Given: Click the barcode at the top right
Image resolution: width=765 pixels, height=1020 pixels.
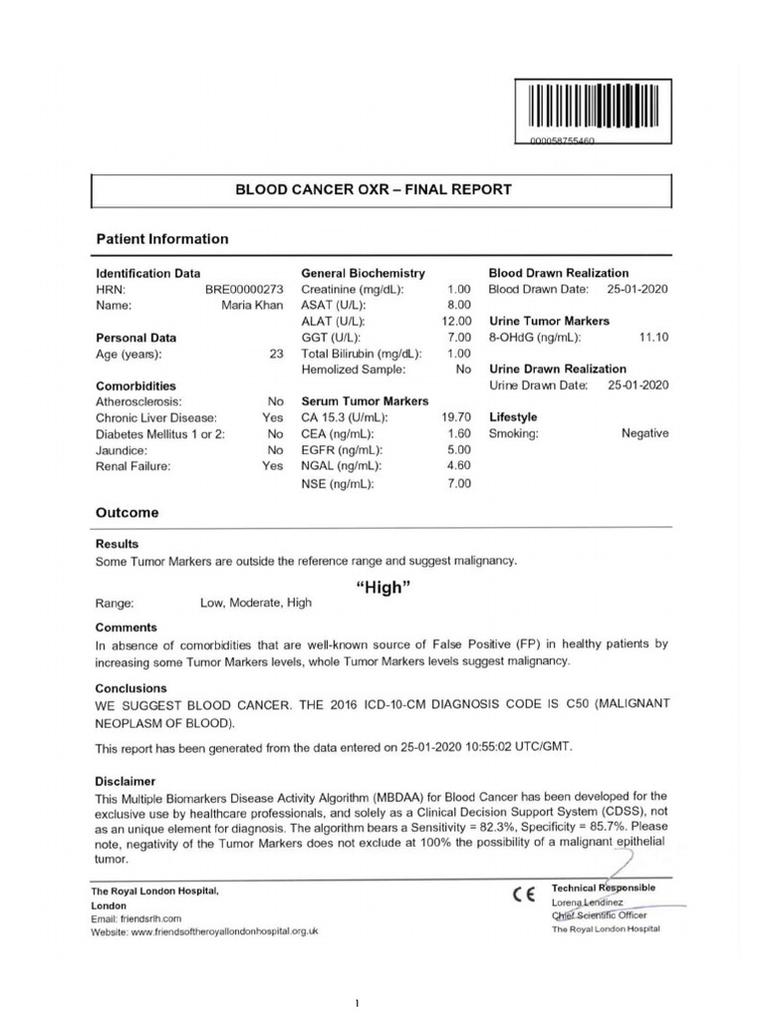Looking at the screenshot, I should click(594, 108).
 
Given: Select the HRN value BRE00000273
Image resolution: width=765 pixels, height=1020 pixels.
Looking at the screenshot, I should click(244, 289).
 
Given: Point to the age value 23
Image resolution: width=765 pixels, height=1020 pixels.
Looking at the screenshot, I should click(276, 354).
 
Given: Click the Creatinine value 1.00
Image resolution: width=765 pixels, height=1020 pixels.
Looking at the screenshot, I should click(455, 289).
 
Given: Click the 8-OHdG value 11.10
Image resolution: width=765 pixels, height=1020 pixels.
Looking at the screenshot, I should click(653, 338).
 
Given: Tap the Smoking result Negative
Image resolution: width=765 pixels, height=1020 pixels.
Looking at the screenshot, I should click(644, 433).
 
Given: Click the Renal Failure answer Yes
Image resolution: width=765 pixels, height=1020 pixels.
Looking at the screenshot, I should click(272, 465).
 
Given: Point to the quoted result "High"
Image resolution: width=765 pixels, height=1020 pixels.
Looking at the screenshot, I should click(383, 588).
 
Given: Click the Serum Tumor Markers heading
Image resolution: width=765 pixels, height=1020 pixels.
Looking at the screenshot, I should click(364, 401).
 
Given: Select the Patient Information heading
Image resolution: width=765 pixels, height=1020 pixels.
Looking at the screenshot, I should click(161, 239).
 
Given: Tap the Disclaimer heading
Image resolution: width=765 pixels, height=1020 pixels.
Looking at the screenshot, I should click(127, 781).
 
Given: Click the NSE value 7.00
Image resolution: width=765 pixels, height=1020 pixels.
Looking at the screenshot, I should click(455, 483).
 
